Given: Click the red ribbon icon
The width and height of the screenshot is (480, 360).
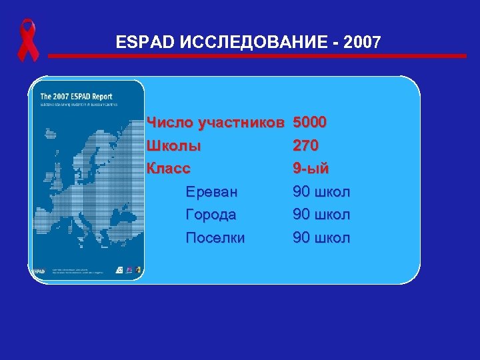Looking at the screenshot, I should [28, 40].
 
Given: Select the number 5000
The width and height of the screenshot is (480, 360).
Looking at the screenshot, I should [310, 123].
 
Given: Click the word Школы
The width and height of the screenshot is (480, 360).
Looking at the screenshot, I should [173, 145].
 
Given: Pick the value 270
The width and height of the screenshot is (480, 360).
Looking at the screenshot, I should [306, 145].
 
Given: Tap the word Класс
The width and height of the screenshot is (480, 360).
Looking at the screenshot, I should [172, 168].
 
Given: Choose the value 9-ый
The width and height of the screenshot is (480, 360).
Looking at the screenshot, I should [311, 168].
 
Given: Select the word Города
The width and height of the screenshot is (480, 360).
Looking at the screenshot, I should [211, 215].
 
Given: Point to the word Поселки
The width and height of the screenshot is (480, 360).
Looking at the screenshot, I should [215, 237].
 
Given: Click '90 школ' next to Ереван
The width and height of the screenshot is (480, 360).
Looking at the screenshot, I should [321, 192].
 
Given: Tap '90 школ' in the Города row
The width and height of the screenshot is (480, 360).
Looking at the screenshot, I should [321, 215].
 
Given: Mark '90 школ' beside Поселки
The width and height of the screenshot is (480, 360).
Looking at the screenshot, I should [321, 237].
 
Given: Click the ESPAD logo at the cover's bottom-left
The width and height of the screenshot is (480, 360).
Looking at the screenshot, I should [40, 271].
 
